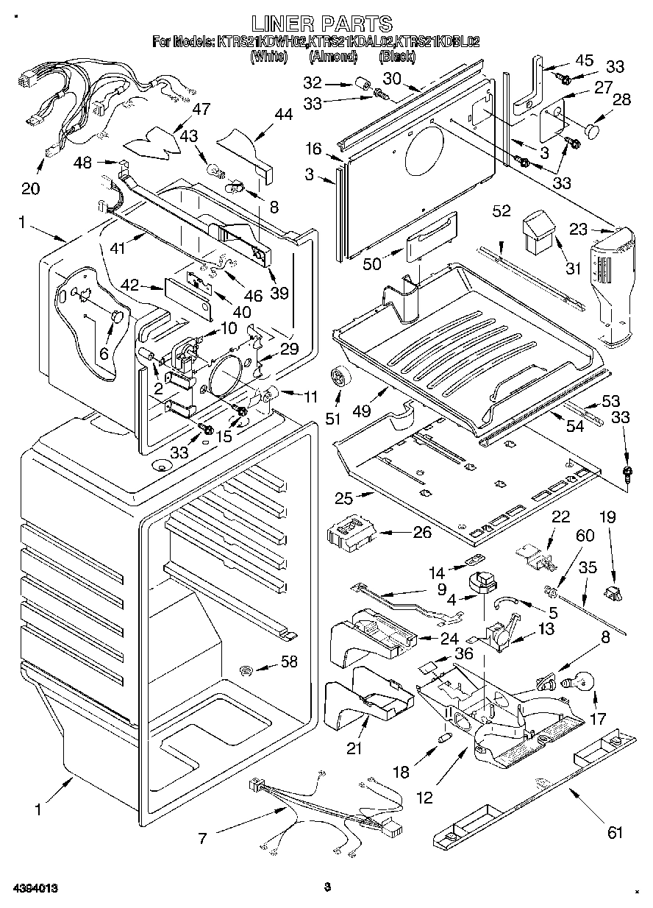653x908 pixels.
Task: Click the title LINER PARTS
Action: tap(322, 24)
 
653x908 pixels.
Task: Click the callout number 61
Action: tap(614, 832)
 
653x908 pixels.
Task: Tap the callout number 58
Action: tap(289, 662)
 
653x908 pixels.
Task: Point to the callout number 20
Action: tap(30, 188)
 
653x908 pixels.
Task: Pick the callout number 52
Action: tap(502, 211)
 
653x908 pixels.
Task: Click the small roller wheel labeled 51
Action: tap(340, 377)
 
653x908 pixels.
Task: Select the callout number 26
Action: tap(421, 531)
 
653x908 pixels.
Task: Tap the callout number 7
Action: tap(202, 837)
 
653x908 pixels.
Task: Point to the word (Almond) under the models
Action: tap(333, 56)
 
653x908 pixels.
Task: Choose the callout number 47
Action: tap(201, 109)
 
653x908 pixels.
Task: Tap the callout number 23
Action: tap(578, 229)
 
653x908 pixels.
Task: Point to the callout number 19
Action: tap(607, 517)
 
